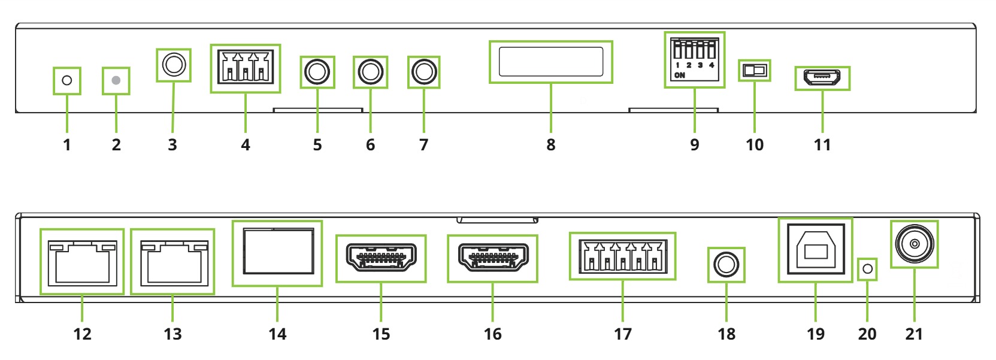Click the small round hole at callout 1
(67, 80)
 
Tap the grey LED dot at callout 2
(116, 80)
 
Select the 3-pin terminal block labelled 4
(246, 68)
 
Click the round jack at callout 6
(370, 72)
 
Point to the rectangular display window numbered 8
(551, 62)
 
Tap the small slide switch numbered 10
(755, 71)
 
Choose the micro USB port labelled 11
(822, 78)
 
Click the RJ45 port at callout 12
(82, 262)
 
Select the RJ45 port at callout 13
(172, 262)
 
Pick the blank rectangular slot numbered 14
(277, 253)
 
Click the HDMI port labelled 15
(381, 258)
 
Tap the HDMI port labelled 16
(492, 258)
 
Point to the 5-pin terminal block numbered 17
(622, 256)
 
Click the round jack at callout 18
(726, 264)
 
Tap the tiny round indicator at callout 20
(867, 269)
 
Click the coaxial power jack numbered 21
(914, 244)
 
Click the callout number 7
(423, 145)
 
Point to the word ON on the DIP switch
(680, 75)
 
